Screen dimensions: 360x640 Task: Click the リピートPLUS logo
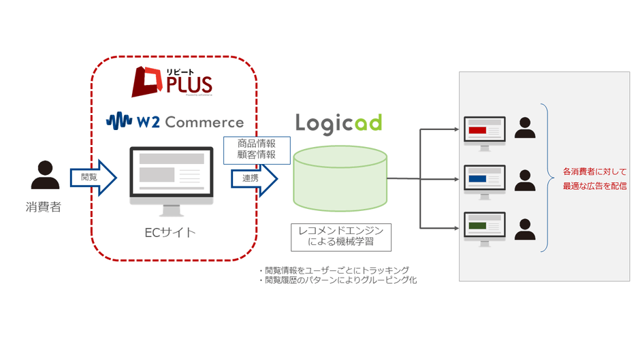[172, 82]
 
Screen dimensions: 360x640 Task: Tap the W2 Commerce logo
[175, 122]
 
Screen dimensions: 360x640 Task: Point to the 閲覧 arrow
[94, 178]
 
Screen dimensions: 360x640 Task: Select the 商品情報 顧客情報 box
[257, 150]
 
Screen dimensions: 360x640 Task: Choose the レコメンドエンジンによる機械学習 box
[340, 235]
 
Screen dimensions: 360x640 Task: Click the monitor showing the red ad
[483, 132]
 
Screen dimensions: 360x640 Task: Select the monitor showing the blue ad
[483, 180]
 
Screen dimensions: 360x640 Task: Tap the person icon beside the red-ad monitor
[525, 128]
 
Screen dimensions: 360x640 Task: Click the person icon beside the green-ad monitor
[525, 229]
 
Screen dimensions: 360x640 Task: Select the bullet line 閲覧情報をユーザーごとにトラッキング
[334, 269]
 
